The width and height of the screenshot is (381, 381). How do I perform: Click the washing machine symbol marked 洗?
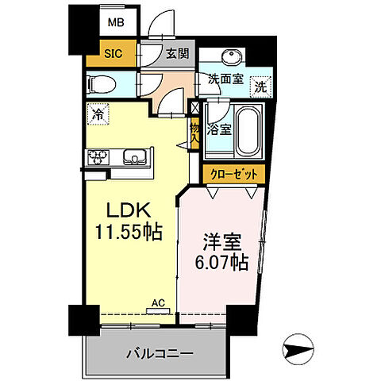tap(260, 87)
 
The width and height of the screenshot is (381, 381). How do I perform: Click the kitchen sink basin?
tap(136, 156)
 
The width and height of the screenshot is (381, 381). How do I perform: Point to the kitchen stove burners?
tap(99, 156)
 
